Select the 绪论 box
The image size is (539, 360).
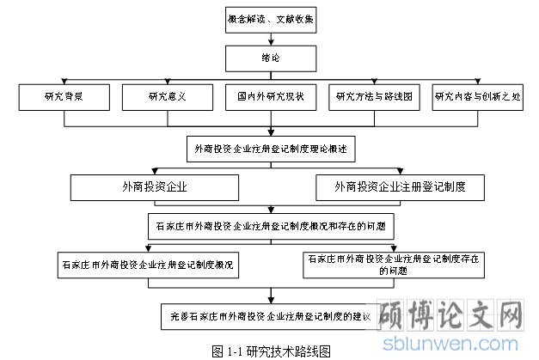click(271, 58)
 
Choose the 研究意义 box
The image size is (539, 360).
click(167, 97)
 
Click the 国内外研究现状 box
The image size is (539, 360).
click(271, 97)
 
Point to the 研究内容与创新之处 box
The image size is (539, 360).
click(475, 97)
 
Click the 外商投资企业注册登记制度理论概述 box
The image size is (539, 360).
click(271, 147)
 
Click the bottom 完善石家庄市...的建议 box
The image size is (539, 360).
click(271, 316)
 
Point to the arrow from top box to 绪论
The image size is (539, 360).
click(271, 39)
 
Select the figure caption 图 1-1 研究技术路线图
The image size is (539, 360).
click(271, 351)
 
